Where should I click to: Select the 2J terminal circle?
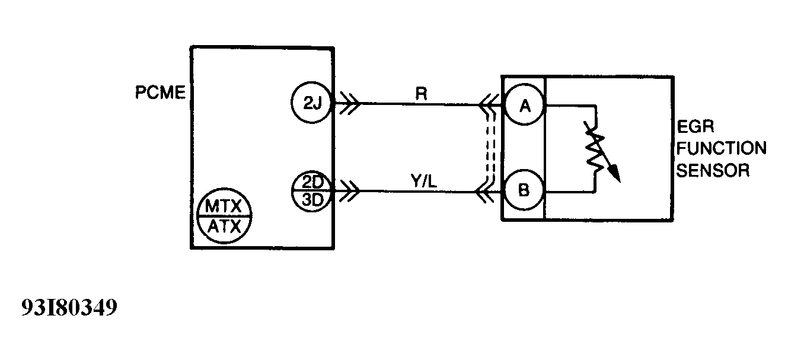click(x=312, y=103)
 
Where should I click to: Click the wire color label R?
click(x=422, y=93)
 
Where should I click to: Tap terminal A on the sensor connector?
click(x=524, y=106)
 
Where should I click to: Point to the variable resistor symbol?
click(x=595, y=149)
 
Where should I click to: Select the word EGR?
click(x=696, y=127)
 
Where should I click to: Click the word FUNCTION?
click(x=722, y=148)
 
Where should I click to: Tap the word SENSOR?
click(x=713, y=170)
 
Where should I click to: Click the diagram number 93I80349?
click(x=69, y=308)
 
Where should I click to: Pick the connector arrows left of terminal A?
click(x=489, y=106)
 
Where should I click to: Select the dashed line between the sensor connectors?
click(x=489, y=148)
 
